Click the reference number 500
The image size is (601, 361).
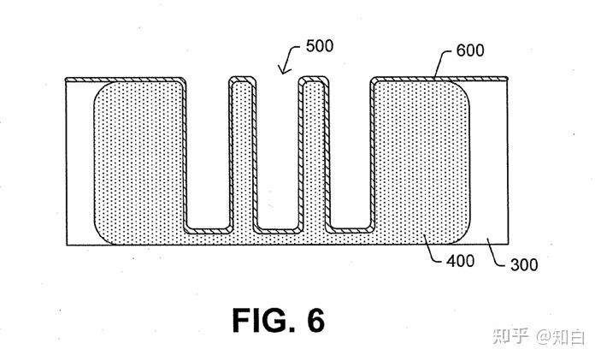click(320, 46)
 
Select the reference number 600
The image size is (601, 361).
click(470, 50)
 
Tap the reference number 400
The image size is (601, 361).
click(460, 261)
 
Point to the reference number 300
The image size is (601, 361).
click(524, 264)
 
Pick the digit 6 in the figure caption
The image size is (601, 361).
click(315, 320)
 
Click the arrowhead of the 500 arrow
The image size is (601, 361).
click(282, 70)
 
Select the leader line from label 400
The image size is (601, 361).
click(431, 250)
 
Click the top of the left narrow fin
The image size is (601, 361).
click(242, 79)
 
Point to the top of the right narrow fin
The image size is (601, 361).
click(314, 79)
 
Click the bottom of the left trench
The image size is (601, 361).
click(209, 230)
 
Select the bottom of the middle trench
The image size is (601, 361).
click(277, 230)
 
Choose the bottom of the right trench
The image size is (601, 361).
click(349, 230)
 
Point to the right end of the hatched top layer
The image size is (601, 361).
click(507, 79)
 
